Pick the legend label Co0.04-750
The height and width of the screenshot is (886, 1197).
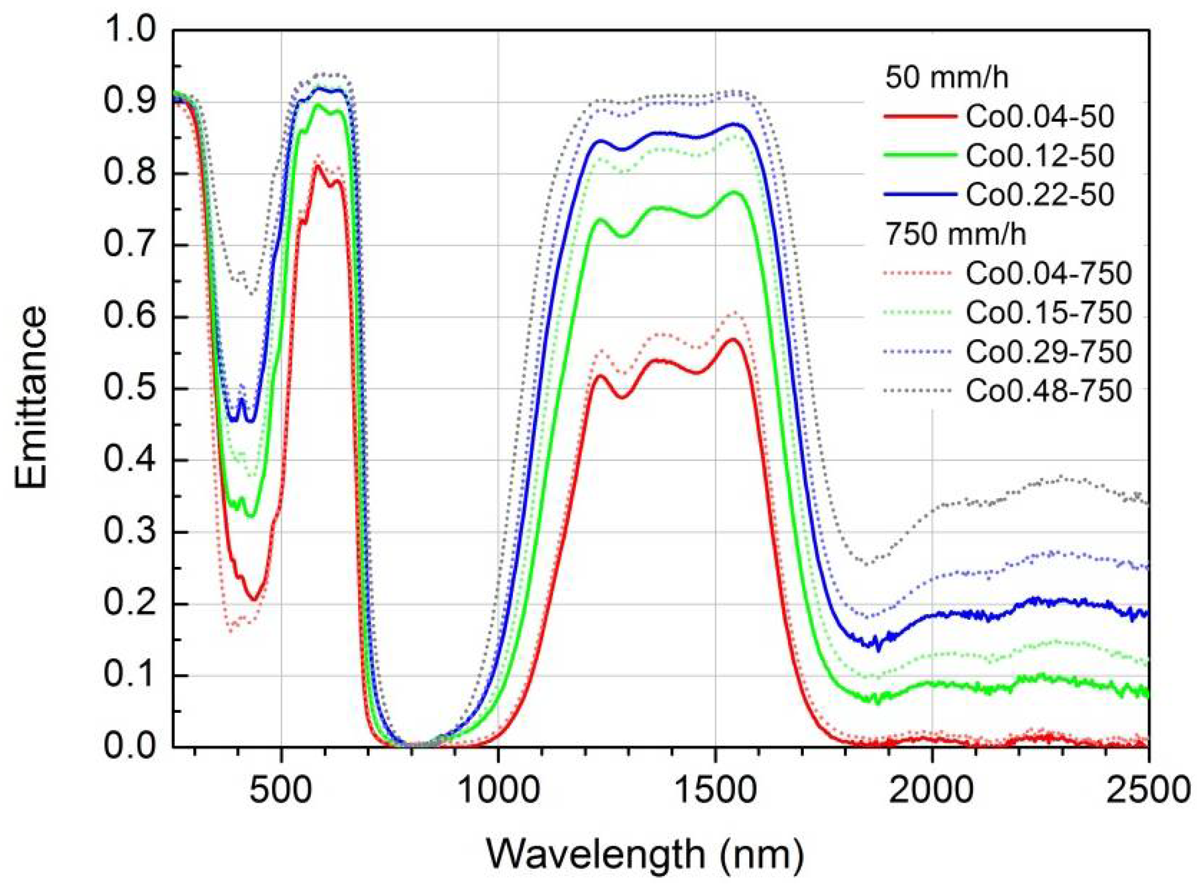tap(1048, 273)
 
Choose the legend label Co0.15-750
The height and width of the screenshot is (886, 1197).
tap(1048, 313)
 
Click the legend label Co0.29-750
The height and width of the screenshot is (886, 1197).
tap(1048, 352)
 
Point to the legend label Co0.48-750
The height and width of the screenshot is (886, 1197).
tap(1048, 391)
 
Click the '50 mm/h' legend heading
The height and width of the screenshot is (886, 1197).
tap(947, 77)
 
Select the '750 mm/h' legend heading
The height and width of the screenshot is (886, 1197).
tap(955, 235)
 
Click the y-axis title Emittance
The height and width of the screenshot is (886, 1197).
tap(31, 397)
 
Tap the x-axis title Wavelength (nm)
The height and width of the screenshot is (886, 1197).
tap(646, 854)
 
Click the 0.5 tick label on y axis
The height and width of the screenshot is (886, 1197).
tap(131, 388)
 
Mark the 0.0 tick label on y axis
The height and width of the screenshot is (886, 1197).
tap(131, 746)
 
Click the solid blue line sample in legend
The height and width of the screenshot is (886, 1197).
tap(920, 195)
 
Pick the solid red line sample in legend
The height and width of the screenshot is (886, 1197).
tap(920, 117)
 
